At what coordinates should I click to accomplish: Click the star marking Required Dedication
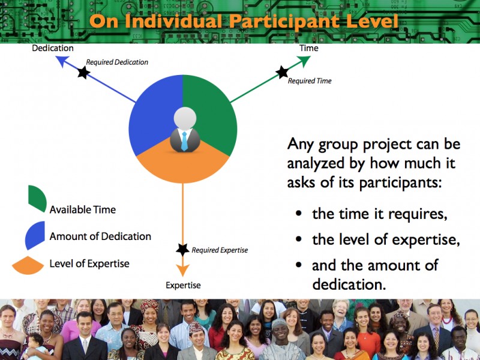click(x=83, y=72)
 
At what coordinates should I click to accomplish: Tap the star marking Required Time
click(x=282, y=72)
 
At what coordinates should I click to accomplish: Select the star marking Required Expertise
click(x=183, y=250)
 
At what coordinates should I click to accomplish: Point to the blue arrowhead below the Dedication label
click(x=62, y=61)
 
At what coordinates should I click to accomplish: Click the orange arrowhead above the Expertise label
click(x=183, y=271)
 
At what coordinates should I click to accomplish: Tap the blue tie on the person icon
click(x=184, y=141)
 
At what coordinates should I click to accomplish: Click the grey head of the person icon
click(x=185, y=118)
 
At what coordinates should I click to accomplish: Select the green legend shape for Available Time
click(x=37, y=199)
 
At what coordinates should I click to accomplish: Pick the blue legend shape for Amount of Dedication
click(x=35, y=235)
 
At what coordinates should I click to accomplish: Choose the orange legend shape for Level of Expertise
click(x=28, y=265)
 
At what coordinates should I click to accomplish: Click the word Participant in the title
click(x=284, y=22)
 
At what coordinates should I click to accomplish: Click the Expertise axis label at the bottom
click(x=183, y=286)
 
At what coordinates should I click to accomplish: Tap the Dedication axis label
click(x=53, y=48)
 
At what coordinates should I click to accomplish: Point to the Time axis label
click(x=309, y=48)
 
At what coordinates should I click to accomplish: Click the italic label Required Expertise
click(x=220, y=250)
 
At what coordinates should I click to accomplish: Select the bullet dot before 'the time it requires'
click(x=299, y=214)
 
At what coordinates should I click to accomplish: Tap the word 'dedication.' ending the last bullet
click(x=349, y=284)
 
